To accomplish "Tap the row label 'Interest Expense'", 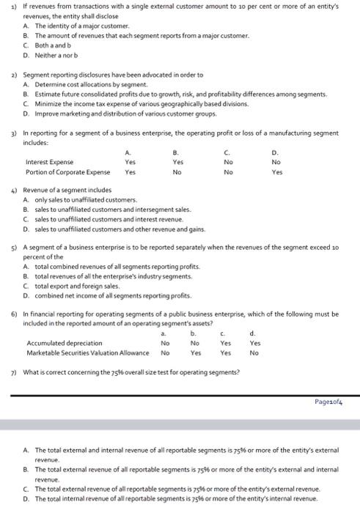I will pos(49,162).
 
